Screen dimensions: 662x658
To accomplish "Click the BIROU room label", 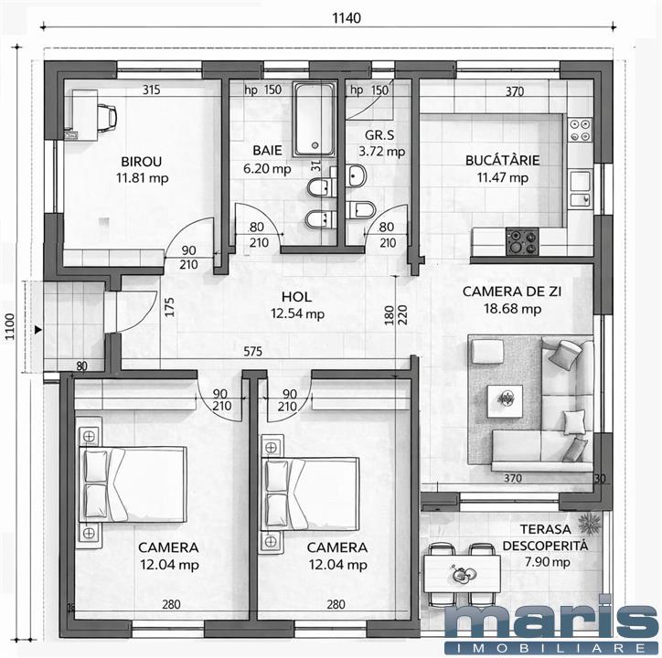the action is coord(141,161).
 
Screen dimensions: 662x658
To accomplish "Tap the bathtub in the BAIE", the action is coord(315,120).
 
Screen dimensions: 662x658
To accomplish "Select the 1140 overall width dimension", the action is coord(347,17).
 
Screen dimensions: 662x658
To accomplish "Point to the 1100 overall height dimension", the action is coord(9,326).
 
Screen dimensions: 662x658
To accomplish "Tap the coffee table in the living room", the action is coord(505,398).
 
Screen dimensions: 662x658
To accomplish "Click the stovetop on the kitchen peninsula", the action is coord(522,241).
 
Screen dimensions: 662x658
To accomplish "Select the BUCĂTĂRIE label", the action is coord(502,160).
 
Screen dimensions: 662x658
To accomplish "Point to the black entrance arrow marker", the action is coord(38,330).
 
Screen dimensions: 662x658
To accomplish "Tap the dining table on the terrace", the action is coord(462,574).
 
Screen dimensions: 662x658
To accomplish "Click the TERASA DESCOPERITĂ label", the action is coord(545,536).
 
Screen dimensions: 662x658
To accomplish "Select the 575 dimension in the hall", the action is coord(252,351).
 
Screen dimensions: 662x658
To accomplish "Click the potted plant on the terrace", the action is coord(590,524).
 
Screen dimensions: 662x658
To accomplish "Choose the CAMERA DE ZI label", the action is coord(512,292).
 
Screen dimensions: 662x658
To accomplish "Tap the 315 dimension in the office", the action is coord(151,90).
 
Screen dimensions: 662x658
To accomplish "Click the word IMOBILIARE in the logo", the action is coord(551,647).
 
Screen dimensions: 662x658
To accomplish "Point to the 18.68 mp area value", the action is coord(512,309).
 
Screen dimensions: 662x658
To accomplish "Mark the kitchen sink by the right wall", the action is coord(581,188).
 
